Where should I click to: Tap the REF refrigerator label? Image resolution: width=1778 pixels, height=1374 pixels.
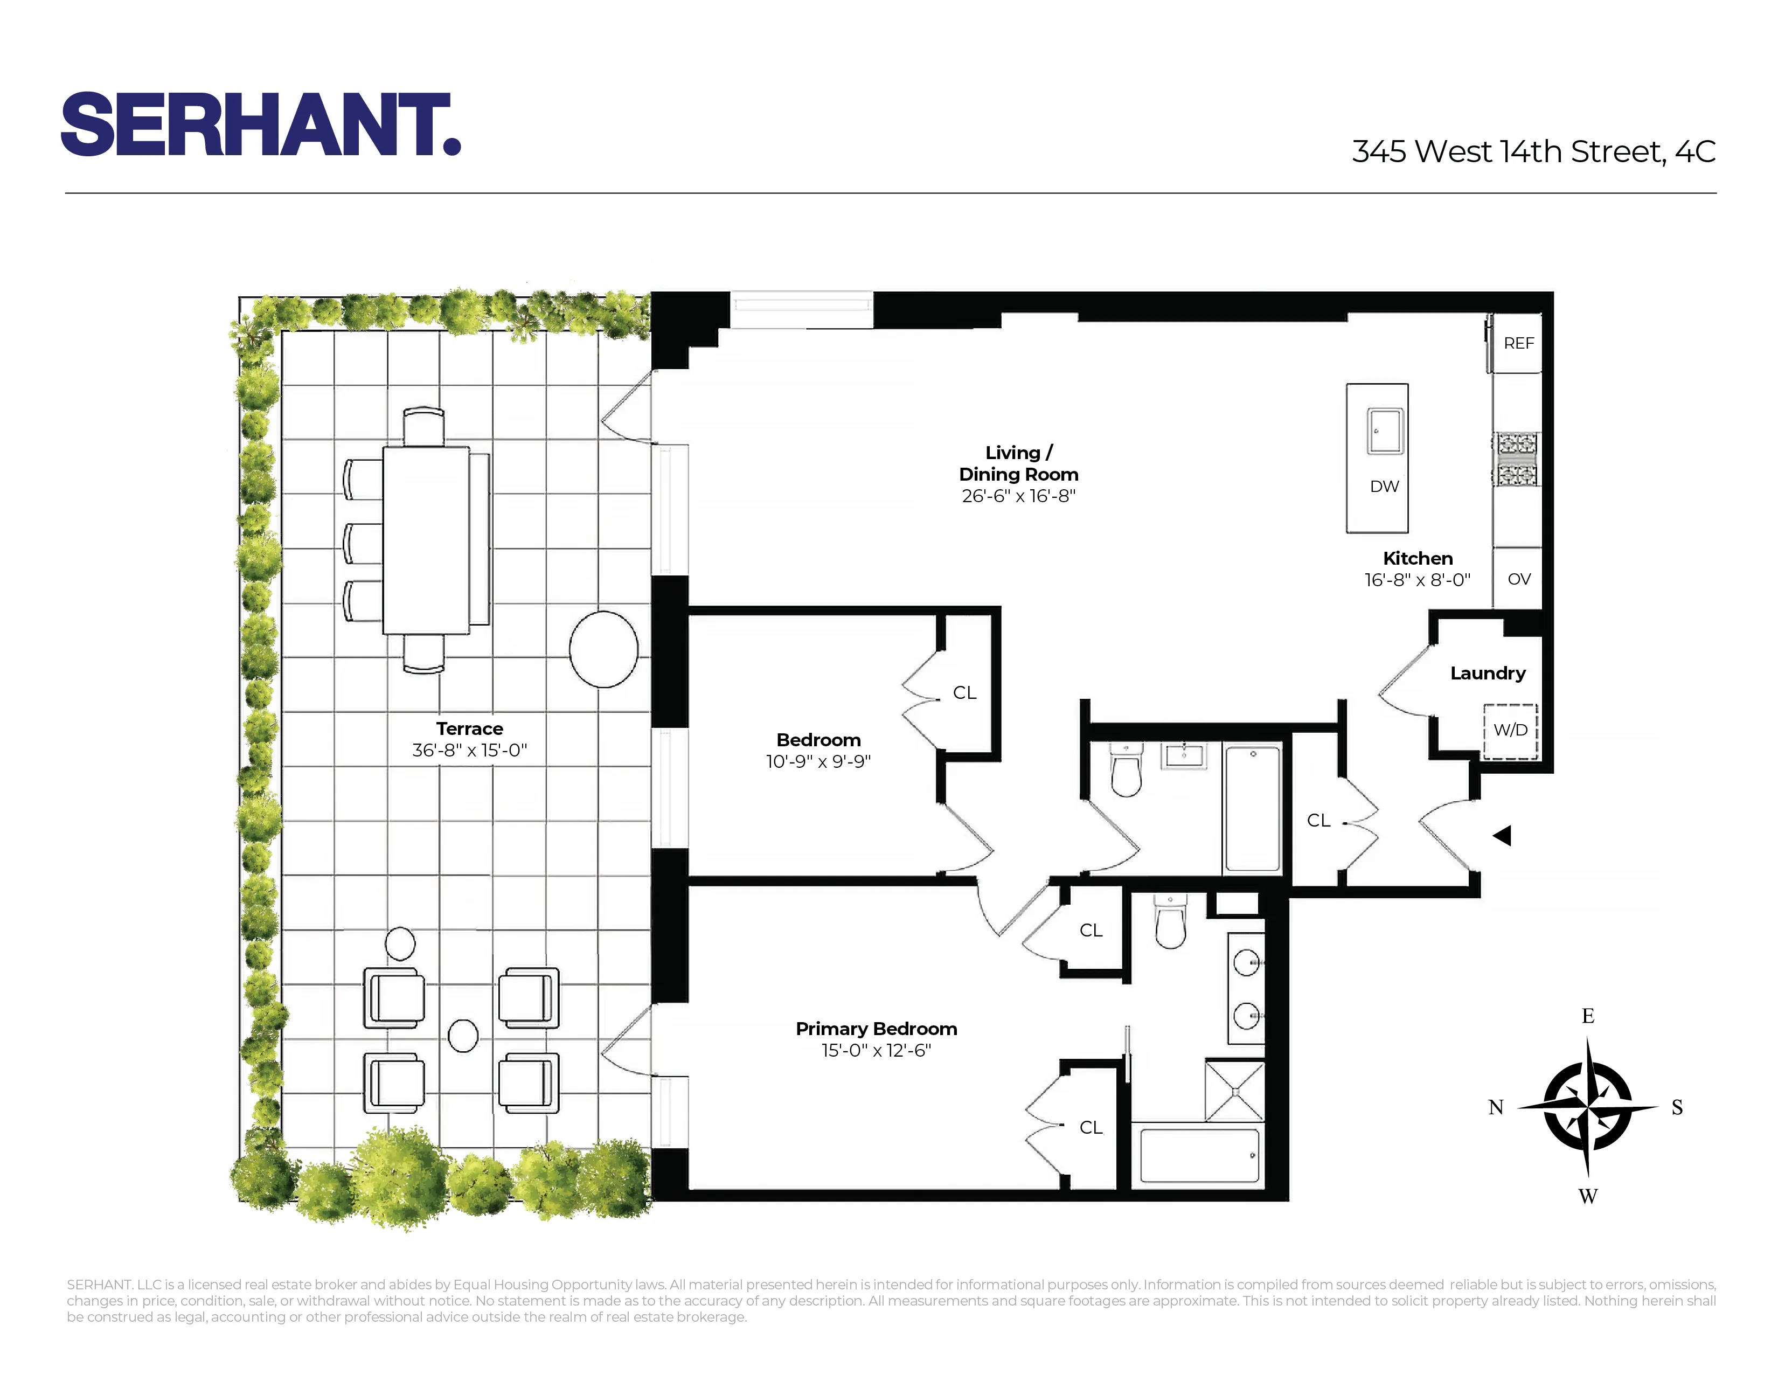[x=1518, y=344]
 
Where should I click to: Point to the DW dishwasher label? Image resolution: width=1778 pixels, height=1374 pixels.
[x=1384, y=487]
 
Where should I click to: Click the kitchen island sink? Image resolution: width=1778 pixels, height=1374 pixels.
[x=1385, y=431]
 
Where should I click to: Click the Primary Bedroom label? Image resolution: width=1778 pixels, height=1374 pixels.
[x=876, y=1029]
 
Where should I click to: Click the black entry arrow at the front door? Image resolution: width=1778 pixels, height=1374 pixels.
[x=1502, y=835]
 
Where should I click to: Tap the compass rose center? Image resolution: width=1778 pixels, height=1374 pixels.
[x=1587, y=1107]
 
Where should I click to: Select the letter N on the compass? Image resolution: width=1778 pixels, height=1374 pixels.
[x=1496, y=1108]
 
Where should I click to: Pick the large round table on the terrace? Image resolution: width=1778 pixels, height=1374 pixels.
[x=603, y=650]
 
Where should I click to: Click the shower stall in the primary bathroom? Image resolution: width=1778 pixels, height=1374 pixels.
[x=1234, y=1091]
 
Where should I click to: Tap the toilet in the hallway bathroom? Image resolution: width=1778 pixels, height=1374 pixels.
[x=1127, y=771]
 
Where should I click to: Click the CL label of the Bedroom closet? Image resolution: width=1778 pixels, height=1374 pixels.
[x=965, y=693]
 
